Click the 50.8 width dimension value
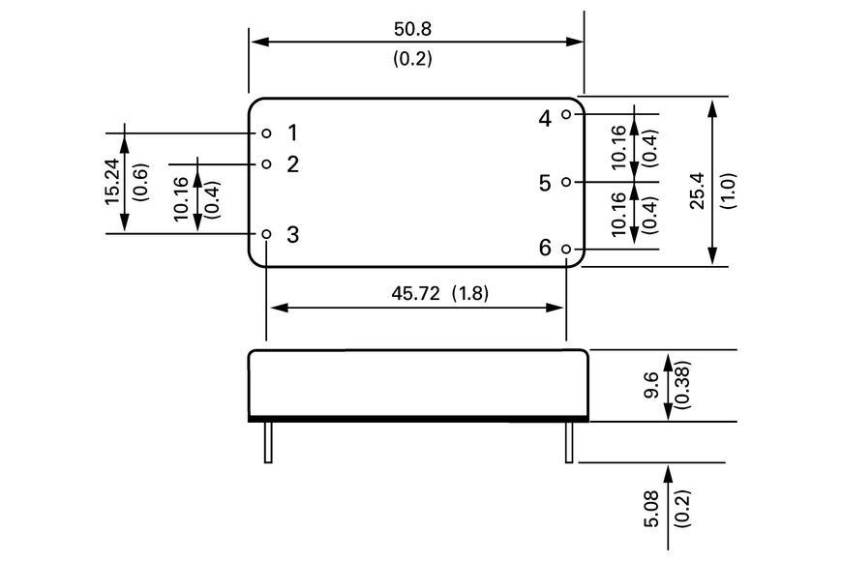tap(412, 29)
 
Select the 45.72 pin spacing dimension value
tap(415, 293)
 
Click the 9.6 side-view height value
tap(650, 385)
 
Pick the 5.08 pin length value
tap(650, 509)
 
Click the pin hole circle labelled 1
tap(266, 133)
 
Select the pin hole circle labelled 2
tap(266, 163)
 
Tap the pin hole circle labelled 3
tap(266, 234)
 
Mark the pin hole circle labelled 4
tap(566, 114)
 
